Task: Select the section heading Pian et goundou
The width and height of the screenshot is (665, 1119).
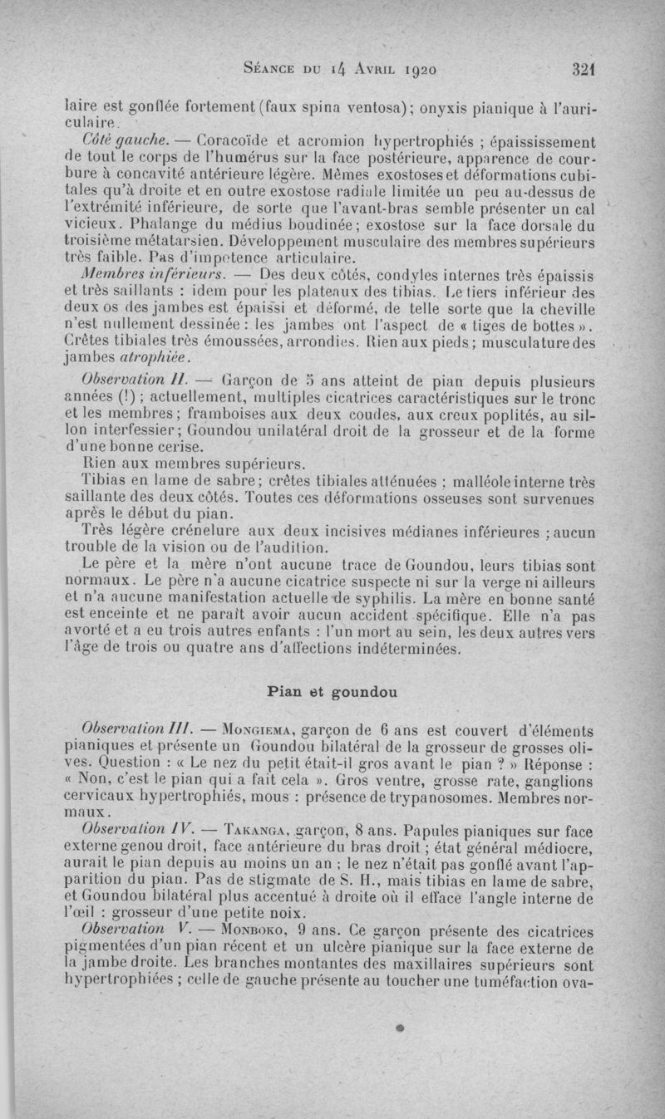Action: click(332, 690)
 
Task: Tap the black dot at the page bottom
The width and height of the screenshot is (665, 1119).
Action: click(399, 1028)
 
